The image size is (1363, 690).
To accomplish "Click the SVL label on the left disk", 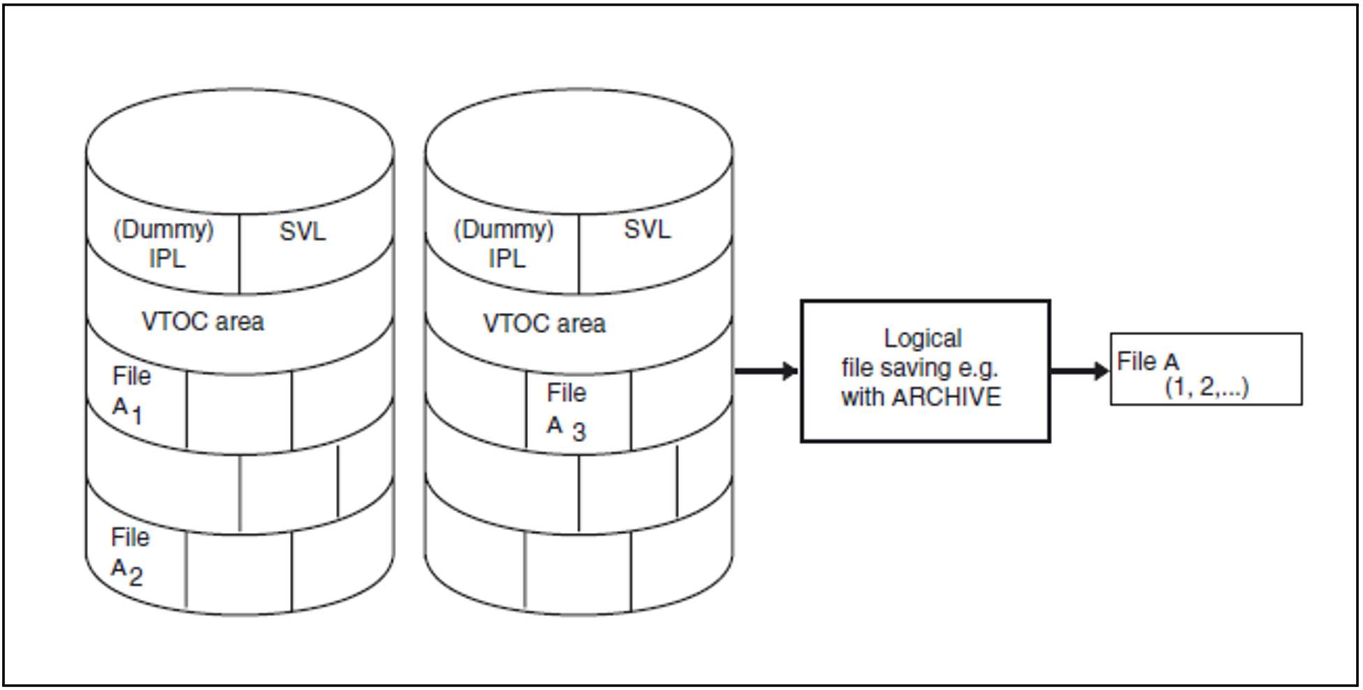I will pos(303,232).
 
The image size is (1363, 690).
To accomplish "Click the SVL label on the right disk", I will pos(647,230).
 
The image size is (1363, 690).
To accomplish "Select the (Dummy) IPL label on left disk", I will pos(164,244).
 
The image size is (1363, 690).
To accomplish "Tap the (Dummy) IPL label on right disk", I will pos(504,244).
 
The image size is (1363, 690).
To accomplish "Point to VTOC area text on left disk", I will pos(203,322).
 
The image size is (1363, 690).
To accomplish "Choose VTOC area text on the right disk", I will pos(544,324).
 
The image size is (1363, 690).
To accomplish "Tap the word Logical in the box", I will pos(923,339).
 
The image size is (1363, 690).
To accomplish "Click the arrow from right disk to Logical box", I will pos(766,371).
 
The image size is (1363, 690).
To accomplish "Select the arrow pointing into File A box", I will pos(1079,371).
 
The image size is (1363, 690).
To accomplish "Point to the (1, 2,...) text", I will pos(1207,386).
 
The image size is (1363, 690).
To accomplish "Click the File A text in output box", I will pos(1148,362).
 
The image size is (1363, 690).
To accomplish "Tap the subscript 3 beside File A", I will pos(579,432).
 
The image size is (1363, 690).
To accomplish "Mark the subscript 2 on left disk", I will pos(136,576).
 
